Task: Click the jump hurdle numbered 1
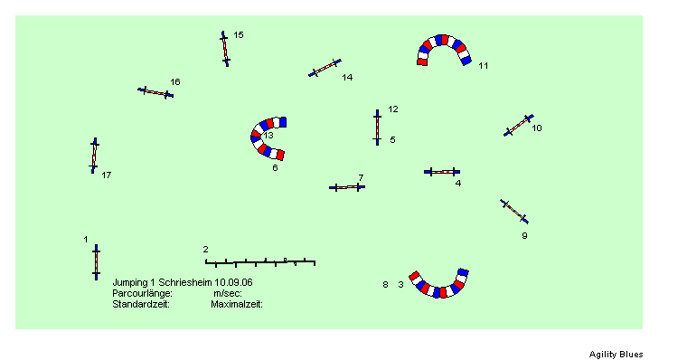(97, 262)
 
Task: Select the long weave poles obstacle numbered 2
(260, 262)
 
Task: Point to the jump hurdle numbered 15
(225, 49)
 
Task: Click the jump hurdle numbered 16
(155, 92)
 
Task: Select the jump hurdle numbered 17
(94, 156)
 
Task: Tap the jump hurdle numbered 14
(325, 68)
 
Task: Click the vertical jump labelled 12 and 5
(377, 128)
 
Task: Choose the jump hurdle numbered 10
(519, 126)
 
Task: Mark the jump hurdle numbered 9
(514, 212)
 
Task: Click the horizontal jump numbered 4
(442, 172)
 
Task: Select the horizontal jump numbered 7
(347, 187)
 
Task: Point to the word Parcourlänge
(143, 293)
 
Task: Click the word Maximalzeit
(237, 304)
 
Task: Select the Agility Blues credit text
(616, 355)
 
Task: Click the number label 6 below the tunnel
(275, 168)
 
